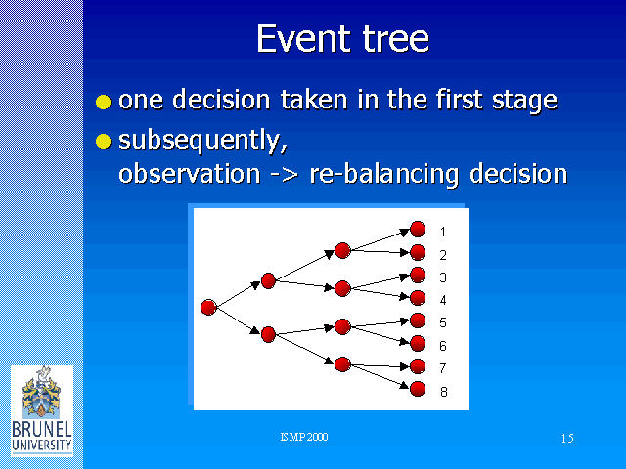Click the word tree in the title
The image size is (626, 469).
click(395, 39)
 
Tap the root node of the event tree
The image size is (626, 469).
click(208, 308)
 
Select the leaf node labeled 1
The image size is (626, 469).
click(418, 230)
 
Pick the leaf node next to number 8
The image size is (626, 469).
click(418, 389)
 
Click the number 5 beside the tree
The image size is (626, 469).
click(443, 322)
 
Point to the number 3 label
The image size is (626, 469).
click(443, 277)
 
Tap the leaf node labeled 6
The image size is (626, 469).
click(418, 343)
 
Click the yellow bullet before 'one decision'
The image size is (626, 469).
click(104, 102)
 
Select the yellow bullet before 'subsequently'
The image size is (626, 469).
click(104, 141)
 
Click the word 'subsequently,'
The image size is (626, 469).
click(203, 142)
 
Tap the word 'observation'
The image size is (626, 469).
click(190, 174)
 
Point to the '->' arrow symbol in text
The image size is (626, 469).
click(285, 175)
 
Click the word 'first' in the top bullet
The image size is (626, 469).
click(459, 99)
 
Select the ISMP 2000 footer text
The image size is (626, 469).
click(304, 437)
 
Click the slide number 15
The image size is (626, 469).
click(567, 439)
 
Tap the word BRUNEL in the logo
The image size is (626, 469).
click(42, 430)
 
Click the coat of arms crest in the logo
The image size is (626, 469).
click(41, 392)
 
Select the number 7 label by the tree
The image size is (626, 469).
click(443, 368)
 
